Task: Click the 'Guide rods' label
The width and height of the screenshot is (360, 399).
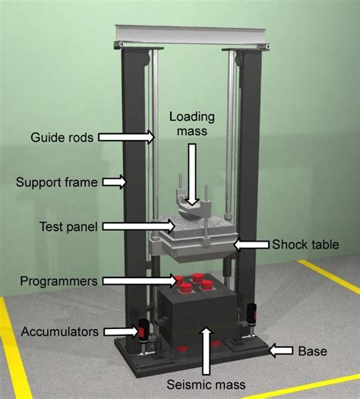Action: pos(62,138)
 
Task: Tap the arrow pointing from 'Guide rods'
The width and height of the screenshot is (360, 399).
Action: pos(126,137)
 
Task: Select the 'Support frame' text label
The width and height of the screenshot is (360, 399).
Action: pos(57,182)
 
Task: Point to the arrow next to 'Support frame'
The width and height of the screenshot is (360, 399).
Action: pos(115,182)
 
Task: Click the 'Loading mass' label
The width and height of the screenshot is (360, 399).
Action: pos(192,124)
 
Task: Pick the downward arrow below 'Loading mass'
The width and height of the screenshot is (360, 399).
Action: pos(192,174)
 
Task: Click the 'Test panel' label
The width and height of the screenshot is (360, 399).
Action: pos(68,226)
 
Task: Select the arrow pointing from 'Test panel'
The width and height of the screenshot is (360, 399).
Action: pos(139,226)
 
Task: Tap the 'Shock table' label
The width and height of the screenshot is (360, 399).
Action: pos(305,245)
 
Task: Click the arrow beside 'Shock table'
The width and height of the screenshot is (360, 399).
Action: pos(251,245)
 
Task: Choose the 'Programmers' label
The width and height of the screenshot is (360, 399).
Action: pos(58,281)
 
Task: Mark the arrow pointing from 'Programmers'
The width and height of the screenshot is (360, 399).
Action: pos(141,281)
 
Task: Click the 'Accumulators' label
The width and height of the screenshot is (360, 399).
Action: pos(60,331)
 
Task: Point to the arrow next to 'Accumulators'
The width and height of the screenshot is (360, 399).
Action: pos(122,331)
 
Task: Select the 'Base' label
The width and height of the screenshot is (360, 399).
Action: pos(312,351)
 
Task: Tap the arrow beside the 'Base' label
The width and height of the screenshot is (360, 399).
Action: pos(281,351)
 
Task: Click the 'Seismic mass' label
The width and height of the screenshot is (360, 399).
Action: pos(206,385)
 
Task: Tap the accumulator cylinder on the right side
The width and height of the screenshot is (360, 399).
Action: pos(251,314)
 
